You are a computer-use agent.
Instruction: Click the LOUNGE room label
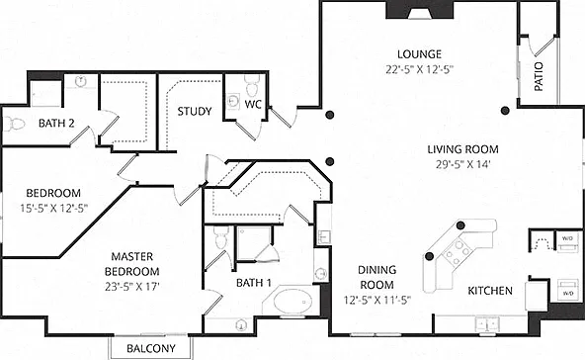419,54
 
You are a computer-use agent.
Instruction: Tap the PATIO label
539,76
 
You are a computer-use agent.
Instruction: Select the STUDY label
195,112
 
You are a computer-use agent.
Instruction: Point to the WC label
253,104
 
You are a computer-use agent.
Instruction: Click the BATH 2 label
56,124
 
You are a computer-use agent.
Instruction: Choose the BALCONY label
151,348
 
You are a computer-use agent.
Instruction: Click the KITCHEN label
490,291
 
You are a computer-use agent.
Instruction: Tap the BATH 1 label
254,283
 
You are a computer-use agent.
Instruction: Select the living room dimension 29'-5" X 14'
462,164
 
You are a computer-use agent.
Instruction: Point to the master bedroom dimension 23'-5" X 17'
132,287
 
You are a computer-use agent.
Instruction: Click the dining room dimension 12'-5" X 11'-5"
376,300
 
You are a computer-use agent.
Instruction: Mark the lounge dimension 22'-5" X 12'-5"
419,69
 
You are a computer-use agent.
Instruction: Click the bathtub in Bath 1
292,302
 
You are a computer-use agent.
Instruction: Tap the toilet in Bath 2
14,124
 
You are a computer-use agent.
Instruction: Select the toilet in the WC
253,85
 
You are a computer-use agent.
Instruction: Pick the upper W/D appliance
567,241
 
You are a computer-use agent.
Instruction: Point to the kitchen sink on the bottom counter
487,323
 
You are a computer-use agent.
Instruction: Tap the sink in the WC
233,102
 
